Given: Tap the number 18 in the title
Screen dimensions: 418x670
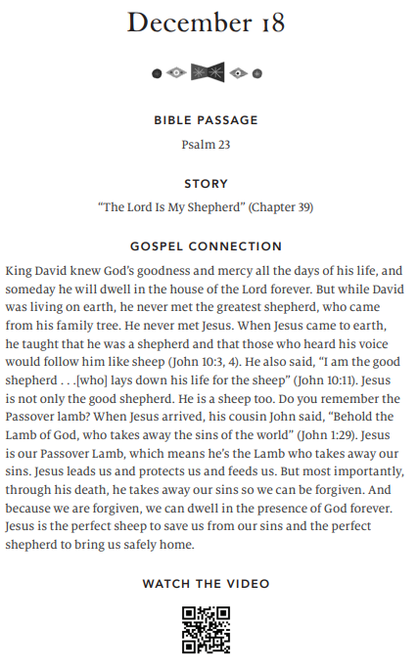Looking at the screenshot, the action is coord(268,23).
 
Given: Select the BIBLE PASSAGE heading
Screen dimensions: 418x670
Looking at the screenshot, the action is coord(206,120).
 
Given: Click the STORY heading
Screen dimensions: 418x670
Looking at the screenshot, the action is coord(206,183).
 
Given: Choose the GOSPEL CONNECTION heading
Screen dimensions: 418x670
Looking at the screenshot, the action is coord(206,246).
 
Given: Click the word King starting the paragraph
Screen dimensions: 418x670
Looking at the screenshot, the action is coord(21,269).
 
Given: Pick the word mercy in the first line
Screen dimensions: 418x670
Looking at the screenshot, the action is coord(209,269).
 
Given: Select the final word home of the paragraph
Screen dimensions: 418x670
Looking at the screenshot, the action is coord(177,545).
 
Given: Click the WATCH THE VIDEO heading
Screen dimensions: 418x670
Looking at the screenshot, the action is coord(206,584).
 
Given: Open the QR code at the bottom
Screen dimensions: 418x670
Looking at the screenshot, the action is coord(206,630).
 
